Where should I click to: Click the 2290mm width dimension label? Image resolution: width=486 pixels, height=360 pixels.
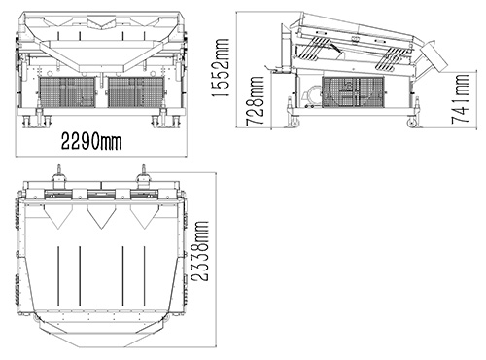click(91, 141)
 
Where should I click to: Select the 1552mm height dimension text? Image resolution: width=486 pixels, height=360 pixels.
click(221, 68)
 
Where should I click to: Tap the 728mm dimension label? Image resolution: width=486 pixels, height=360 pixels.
click(255, 101)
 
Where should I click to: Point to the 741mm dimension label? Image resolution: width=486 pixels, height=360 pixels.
click(461, 99)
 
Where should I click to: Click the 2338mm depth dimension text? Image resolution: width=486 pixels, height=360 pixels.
click(199, 251)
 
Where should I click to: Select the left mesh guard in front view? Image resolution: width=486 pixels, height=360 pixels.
click(67, 92)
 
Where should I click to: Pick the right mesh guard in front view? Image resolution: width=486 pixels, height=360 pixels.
click(136, 92)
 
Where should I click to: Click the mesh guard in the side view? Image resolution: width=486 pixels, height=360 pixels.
click(354, 92)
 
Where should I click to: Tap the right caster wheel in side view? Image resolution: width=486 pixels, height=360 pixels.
click(412, 123)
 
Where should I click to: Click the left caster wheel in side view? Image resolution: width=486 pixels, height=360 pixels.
click(295, 123)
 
